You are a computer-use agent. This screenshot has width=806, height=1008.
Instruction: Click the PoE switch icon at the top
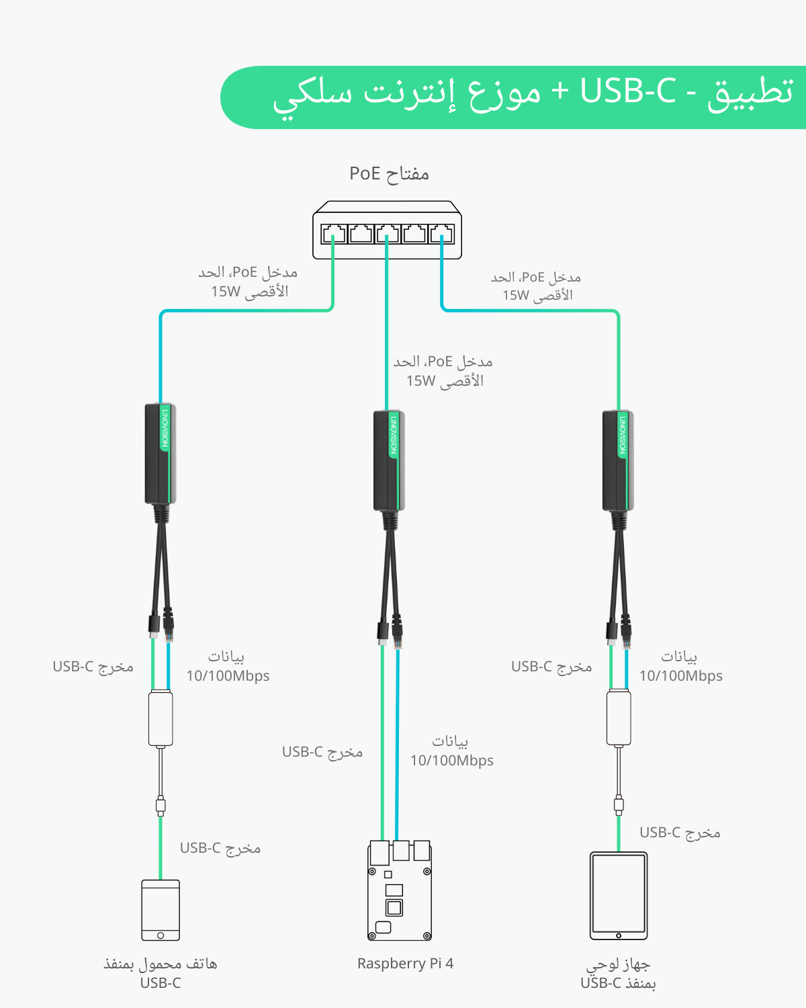(388, 230)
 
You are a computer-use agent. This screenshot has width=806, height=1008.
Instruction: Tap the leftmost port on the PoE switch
(334, 234)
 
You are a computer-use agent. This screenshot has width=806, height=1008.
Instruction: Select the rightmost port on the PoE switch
(441, 234)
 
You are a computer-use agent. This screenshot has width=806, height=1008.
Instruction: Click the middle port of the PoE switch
(388, 234)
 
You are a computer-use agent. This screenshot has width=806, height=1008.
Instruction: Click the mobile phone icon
(161, 910)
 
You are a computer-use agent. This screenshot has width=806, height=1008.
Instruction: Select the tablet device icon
(619, 895)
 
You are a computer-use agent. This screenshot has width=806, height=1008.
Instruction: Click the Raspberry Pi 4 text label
(405, 964)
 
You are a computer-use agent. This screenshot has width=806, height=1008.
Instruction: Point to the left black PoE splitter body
(161, 454)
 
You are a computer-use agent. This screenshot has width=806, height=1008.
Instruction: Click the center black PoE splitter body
(389, 460)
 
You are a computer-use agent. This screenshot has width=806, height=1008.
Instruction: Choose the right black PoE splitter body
(618, 460)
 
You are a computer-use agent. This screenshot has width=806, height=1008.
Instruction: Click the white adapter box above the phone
(161, 718)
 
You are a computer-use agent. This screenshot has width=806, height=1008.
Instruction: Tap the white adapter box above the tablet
(619, 718)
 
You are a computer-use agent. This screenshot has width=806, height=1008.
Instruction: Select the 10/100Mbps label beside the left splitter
(228, 676)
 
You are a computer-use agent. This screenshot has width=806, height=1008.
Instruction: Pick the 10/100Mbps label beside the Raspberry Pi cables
(452, 761)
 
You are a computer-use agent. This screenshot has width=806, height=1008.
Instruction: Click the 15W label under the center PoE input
(421, 381)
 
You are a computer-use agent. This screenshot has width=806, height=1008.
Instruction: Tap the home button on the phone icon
(161, 935)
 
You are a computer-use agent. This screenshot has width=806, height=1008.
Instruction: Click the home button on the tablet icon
(619, 935)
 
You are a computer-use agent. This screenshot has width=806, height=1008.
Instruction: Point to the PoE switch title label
(389, 173)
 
